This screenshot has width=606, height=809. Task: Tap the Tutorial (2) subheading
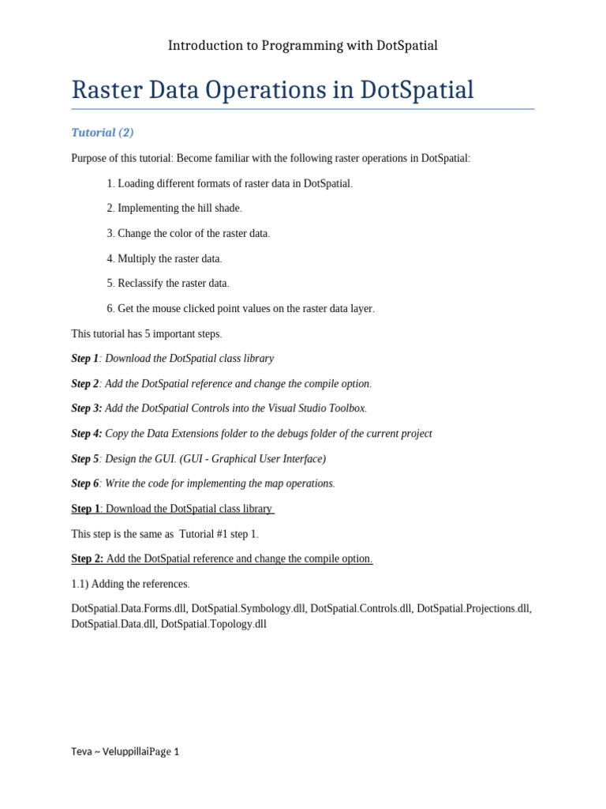(x=103, y=133)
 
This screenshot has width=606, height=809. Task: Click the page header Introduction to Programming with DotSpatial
(x=303, y=46)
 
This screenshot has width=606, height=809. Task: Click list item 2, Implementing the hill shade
(x=174, y=209)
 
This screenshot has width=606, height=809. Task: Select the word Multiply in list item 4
(x=138, y=258)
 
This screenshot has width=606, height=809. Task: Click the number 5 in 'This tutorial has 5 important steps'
(x=148, y=333)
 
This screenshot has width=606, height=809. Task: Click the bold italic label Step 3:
(x=87, y=408)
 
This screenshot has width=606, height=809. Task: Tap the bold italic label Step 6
(x=85, y=484)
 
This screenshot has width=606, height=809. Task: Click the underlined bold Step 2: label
(x=87, y=559)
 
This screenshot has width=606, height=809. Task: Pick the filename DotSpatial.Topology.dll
(x=213, y=624)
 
